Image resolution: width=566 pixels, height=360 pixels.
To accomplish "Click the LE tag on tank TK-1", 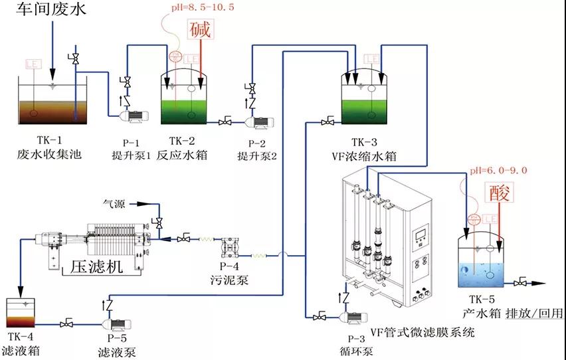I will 33,64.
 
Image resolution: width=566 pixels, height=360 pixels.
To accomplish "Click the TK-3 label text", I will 364,142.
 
